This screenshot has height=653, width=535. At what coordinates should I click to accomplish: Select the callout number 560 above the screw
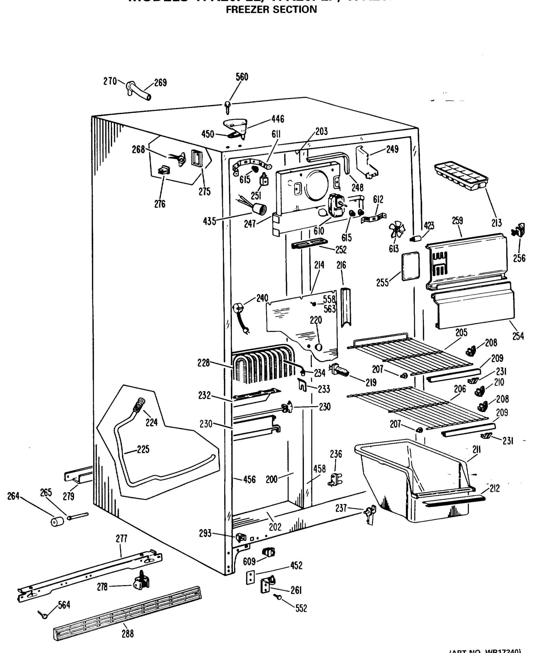242,77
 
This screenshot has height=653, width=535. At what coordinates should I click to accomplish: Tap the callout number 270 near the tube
110,81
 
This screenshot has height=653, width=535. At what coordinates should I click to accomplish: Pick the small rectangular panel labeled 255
410,267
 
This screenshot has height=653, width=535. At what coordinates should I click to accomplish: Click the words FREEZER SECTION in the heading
271,10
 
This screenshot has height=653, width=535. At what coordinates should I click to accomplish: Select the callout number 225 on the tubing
143,449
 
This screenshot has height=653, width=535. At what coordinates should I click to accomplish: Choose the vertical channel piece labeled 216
346,307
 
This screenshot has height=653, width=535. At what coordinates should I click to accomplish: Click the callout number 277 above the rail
121,539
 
